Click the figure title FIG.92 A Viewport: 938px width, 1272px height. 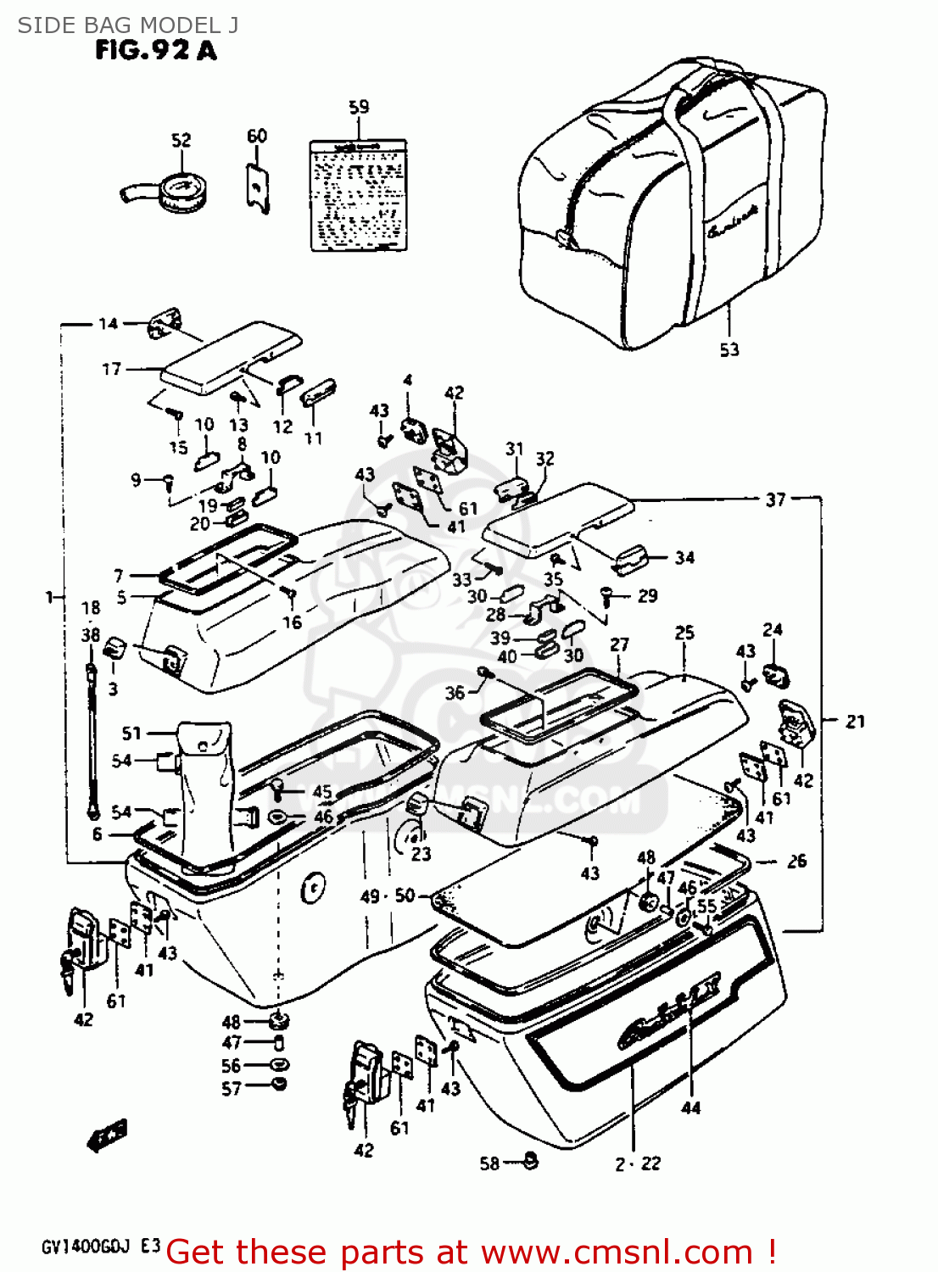[x=155, y=51]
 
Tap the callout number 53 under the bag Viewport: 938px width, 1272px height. [x=729, y=349]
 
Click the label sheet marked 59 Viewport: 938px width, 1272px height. [x=357, y=195]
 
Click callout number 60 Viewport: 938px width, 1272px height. [x=256, y=136]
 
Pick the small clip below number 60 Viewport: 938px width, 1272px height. [x=258, y=187]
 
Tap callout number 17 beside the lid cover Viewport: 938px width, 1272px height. [x=111, y=369]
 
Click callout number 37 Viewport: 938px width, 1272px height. [x=775, y=499]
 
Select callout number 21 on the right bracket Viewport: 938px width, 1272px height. [x=855, y=721]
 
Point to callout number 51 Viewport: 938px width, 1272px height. [x=131, y=733]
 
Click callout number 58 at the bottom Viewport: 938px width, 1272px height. [x=489, y=1163]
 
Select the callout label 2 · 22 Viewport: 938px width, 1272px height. [x=638, y=1164]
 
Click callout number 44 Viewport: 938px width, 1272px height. [x=691, y=1107]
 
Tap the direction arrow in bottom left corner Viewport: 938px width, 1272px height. [x=107, y=1134]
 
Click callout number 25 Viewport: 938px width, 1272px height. [x=684, y=633]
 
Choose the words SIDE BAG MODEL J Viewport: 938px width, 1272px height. [x=128, y=25]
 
